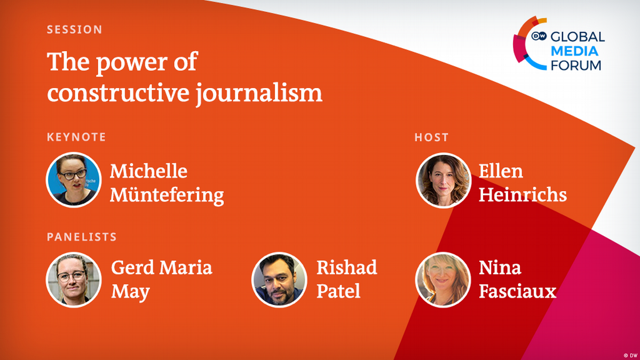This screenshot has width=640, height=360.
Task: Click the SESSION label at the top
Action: coord(74,29)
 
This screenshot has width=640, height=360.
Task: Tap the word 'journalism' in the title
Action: coord(259,93)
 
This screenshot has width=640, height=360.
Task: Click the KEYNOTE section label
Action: coord(76,137)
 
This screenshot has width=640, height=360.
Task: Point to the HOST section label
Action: coord(431,137)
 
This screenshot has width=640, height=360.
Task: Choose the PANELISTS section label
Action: coord(82,237)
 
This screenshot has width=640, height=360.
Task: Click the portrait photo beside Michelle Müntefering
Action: coord(74,180)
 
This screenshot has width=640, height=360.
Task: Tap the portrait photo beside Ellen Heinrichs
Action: coord(443,180)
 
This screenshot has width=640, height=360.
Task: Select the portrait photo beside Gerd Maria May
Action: coord(74,279)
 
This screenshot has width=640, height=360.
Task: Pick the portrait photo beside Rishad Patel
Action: coord(279,279)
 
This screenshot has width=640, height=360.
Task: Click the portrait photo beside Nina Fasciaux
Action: coord(443,279)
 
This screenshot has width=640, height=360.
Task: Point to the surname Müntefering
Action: coord(167,195)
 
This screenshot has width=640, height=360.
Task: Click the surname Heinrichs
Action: coord(523,194)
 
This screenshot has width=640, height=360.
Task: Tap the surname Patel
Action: coord(338,291)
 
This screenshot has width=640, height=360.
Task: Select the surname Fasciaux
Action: coord(518,291)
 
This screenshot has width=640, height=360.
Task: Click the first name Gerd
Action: coord(133,268)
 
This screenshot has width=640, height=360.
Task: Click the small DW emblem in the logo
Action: coord(539,36)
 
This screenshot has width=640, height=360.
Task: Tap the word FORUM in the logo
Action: coord(576,65)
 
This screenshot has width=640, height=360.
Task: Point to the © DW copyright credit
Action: coord(630,356)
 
